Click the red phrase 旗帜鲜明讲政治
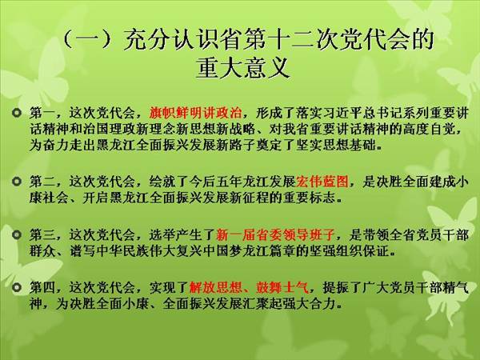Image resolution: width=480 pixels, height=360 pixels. (196, 113)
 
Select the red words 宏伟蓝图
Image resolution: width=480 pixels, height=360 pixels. (322, 182)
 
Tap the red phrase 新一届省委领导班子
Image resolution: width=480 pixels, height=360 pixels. (275, 235)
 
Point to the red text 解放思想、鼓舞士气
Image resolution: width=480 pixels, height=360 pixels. (249, 287)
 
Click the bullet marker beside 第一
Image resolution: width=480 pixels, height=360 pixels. (17, 113)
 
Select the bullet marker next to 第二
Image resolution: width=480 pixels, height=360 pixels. (17, 182)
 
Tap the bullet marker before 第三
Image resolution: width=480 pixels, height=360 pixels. (17, 235)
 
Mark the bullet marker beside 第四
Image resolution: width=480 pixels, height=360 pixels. (17, 287)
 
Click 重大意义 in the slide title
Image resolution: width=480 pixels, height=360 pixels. (242, 68)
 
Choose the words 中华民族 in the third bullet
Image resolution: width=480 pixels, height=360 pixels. (122, 251)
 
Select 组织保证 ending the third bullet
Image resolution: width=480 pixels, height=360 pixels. (362, 251)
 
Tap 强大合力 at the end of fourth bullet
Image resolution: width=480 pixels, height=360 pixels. (309, 303)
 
